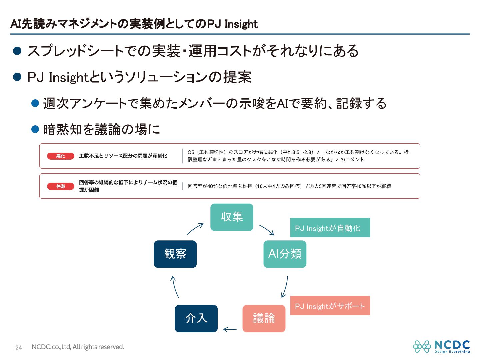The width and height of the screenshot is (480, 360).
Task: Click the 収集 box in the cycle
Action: click(x=232, y=217)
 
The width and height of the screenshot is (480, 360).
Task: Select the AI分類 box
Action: click(x=285, y=254)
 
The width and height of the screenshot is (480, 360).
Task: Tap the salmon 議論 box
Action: click(x=264, y=318)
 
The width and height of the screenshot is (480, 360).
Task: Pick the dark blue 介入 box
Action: click(x=196, y=318)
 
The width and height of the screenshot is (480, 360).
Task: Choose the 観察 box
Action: click(x=175, y=254)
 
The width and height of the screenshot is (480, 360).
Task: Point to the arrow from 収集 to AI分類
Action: click(x=267, y=230)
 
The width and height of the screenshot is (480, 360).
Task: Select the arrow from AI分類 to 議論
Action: click(x=285, y=286)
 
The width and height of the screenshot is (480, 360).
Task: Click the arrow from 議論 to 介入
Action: click(x=230, y=330)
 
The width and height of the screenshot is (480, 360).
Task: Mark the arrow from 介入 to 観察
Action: click(x=175, y=287)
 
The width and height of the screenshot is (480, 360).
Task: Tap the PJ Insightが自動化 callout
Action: click(x=330, y=228)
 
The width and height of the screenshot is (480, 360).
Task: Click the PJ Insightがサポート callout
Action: click(x=330, y=306)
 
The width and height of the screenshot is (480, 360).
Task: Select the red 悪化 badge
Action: click(x=61, y=156)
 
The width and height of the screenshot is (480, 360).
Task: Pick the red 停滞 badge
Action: click(x=61, y=186)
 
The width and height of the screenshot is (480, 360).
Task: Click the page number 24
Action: click(x=19, y=348)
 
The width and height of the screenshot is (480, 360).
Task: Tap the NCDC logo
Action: click(x=441, y=346)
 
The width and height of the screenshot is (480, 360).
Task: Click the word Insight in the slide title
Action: click(x=241, y=24)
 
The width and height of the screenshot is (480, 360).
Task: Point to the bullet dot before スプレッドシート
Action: click(x=17, y=51)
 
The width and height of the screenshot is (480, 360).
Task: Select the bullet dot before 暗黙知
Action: click(x=35, y=129)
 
